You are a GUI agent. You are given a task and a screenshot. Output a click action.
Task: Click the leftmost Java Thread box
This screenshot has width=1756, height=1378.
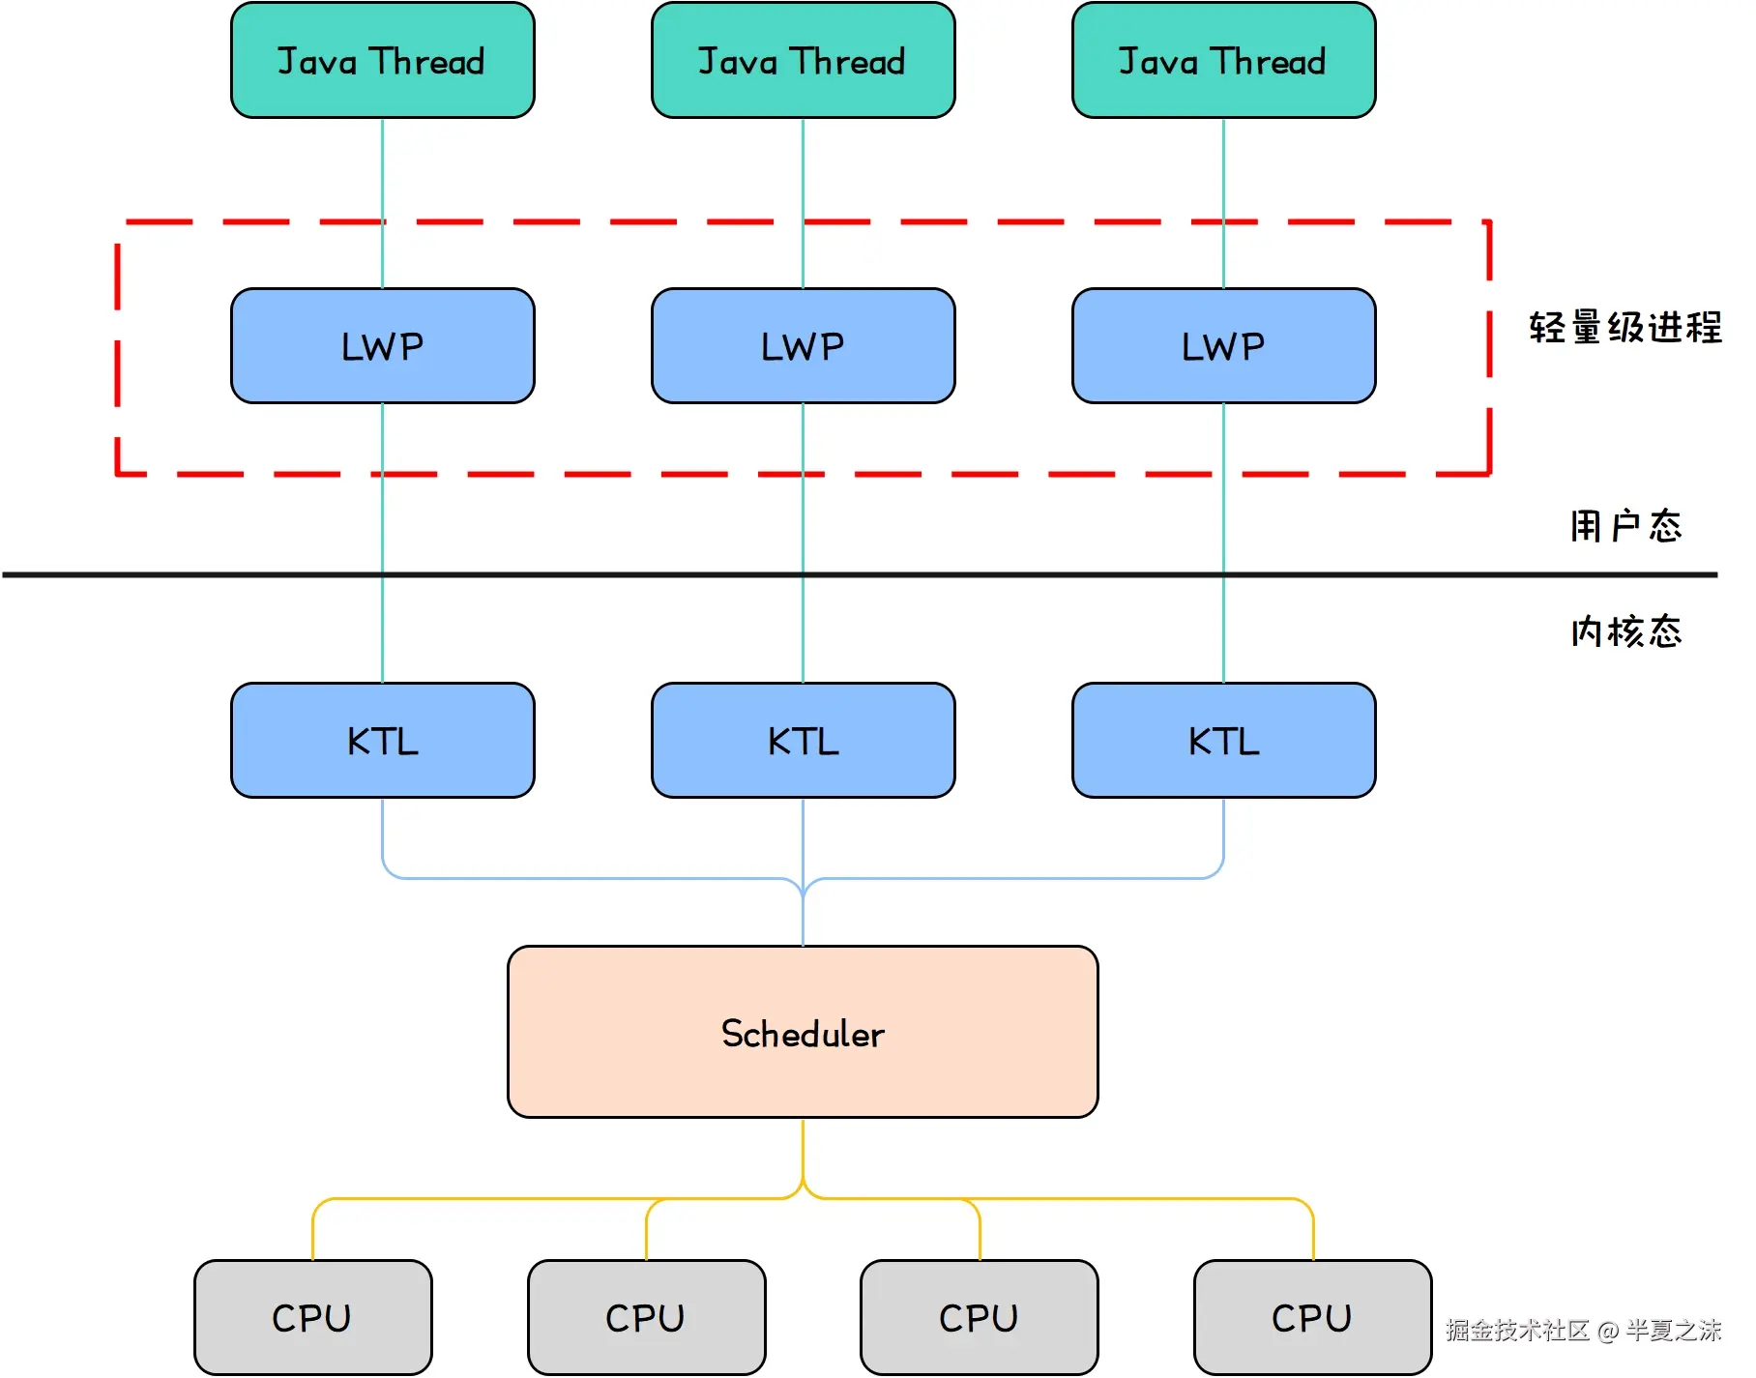pos(382,61)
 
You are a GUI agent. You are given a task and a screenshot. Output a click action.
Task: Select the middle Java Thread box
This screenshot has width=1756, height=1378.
pos(803,61)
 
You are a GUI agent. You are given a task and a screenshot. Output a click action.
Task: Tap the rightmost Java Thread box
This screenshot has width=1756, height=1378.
pos(1223,61)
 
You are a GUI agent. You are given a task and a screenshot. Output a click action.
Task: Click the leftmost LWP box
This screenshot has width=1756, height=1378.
pos(382,346)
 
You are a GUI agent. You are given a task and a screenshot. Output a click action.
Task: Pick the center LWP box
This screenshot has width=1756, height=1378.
pos(803,346)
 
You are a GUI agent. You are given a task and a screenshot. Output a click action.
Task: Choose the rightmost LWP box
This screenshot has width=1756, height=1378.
pos(1223,346)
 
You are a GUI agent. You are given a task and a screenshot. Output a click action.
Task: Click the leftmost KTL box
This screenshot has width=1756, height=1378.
pos(382,741)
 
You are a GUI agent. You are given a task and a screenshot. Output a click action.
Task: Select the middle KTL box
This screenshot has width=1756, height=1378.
pos(803,741)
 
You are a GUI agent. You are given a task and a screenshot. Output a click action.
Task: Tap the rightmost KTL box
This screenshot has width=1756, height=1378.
pos(1223,741)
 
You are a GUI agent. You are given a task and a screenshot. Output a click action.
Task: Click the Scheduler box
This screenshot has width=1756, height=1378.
pos(803,1033)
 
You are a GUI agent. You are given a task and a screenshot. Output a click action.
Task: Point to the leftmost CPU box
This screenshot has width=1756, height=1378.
pos(312,1317)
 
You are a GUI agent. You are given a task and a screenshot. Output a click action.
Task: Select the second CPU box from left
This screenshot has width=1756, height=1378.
pos(646,1317)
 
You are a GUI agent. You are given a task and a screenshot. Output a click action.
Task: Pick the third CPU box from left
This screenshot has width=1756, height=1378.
pos(979,1317)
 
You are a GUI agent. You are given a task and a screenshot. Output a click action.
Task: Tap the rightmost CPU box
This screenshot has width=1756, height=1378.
pos(1312,1317)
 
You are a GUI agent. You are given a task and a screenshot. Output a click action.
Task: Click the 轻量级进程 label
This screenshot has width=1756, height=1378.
pos(1624,328)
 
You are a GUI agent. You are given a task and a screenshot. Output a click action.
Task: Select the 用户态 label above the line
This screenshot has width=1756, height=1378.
pos(1624,526)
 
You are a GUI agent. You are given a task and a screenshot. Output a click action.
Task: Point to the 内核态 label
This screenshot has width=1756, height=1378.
pos(1624,631)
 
